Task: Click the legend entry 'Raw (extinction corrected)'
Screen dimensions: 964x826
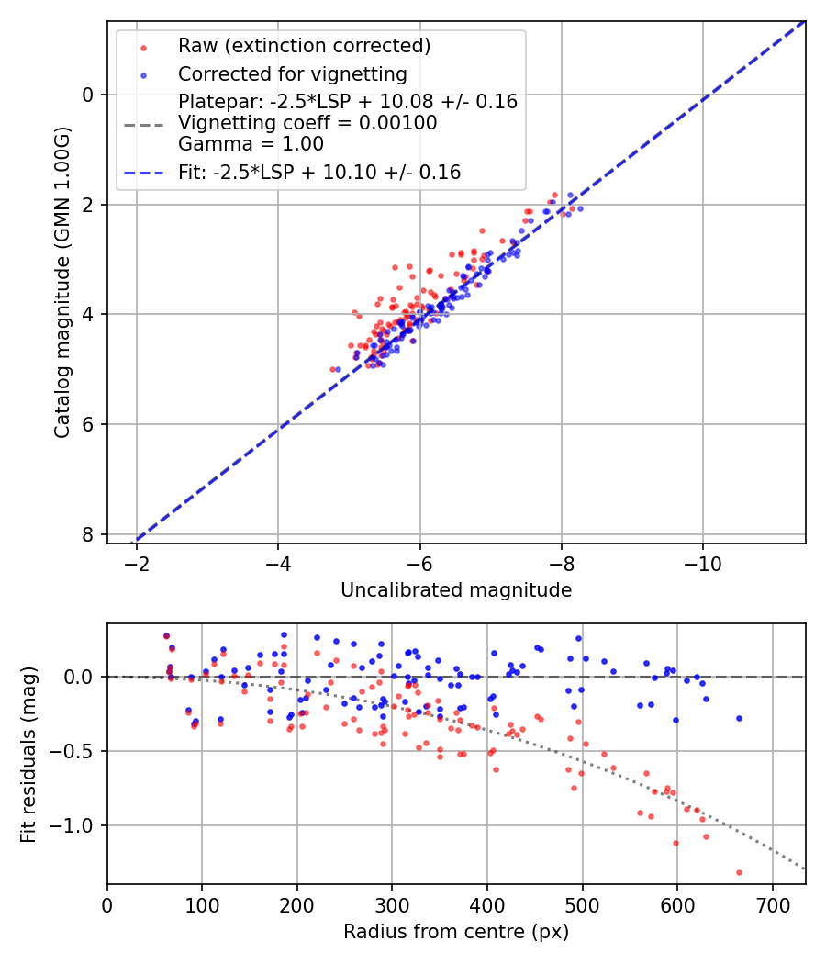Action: click(x=304, y=46)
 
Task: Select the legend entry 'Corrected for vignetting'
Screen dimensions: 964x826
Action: click(x=293, y=73)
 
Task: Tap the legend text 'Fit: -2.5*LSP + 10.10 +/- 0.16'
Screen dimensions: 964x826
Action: click(x=319, y=172)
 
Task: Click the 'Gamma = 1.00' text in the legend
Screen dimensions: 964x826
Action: click(x=251, y=143)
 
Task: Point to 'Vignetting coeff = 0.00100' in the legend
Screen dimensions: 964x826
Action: click(x=307, y=123)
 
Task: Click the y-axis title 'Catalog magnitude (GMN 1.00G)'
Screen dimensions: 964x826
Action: click(x=61, y=281)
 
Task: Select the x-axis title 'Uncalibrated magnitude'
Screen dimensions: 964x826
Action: click(x=456, y=590)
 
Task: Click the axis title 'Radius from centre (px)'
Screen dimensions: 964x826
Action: click(x=456, y=932)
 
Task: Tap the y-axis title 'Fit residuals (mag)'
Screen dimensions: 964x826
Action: click(x=28, y=754)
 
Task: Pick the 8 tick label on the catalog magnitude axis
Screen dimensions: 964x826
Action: click(x=87, y=534)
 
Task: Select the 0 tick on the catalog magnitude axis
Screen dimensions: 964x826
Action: click(x=87, y=95)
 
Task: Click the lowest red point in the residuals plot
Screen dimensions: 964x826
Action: click(x=739, y=872)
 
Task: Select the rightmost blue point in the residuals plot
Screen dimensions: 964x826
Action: click(x=739, y=718)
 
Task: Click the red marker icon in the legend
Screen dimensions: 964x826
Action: click(x=143, y=46)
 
